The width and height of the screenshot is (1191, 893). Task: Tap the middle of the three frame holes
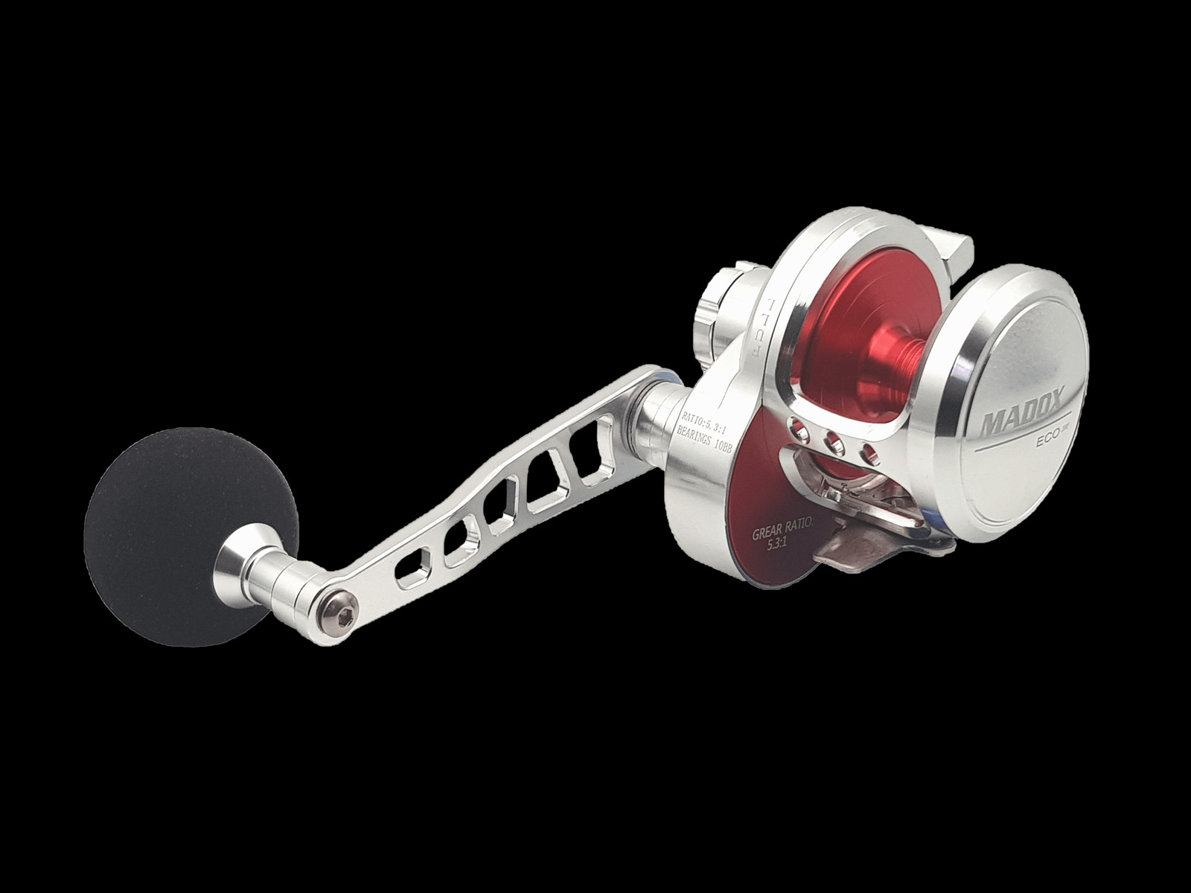point(834,444)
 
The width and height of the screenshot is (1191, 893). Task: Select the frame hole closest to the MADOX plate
point(866,455)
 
